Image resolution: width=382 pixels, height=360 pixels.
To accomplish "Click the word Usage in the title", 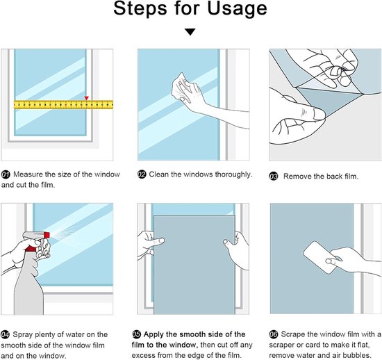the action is tap(237, 9).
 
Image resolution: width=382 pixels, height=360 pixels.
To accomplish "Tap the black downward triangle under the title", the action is tap(190, 32).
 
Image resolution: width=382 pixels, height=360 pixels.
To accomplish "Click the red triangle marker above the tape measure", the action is tap(87, 98).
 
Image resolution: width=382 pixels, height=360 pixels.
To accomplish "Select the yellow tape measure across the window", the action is tap(64, 105).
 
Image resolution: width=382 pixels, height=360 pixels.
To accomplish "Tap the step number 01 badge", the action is tap(6, 174).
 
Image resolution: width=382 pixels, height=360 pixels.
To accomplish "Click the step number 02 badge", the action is tap(142, 174).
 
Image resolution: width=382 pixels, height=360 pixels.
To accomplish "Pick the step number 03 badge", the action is tap(274, 177).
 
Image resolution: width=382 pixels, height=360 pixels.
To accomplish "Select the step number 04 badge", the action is tap(5, 335).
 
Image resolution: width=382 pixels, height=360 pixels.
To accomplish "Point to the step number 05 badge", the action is tap(136, 334).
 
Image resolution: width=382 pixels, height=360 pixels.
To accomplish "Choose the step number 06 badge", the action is tap(274, 334).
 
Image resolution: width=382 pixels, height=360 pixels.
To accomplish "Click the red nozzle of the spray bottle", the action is tap(47, 235).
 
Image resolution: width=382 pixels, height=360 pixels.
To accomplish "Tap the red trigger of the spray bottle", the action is tap(31, 249).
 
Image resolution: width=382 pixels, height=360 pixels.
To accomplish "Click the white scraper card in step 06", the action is tap(319, 257).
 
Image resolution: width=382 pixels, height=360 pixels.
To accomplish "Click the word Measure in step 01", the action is tap(28, 174).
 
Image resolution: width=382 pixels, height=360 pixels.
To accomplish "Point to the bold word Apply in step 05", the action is tap(153, 335).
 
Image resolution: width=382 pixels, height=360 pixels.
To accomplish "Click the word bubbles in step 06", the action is tap(356, 355).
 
